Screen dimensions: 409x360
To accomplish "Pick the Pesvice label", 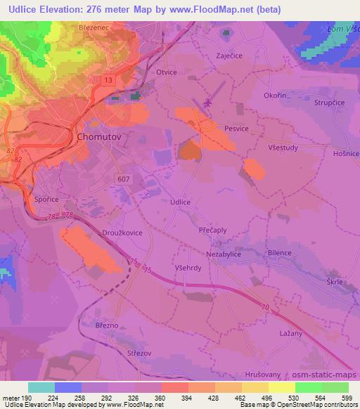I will click(237, 129).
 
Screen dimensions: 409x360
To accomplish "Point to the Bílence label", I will click(279, 252).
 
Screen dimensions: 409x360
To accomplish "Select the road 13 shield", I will click(107, 81).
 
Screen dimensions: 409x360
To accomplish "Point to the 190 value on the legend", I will click(29, 396).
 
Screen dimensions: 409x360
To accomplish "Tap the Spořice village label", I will click(46, 200).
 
